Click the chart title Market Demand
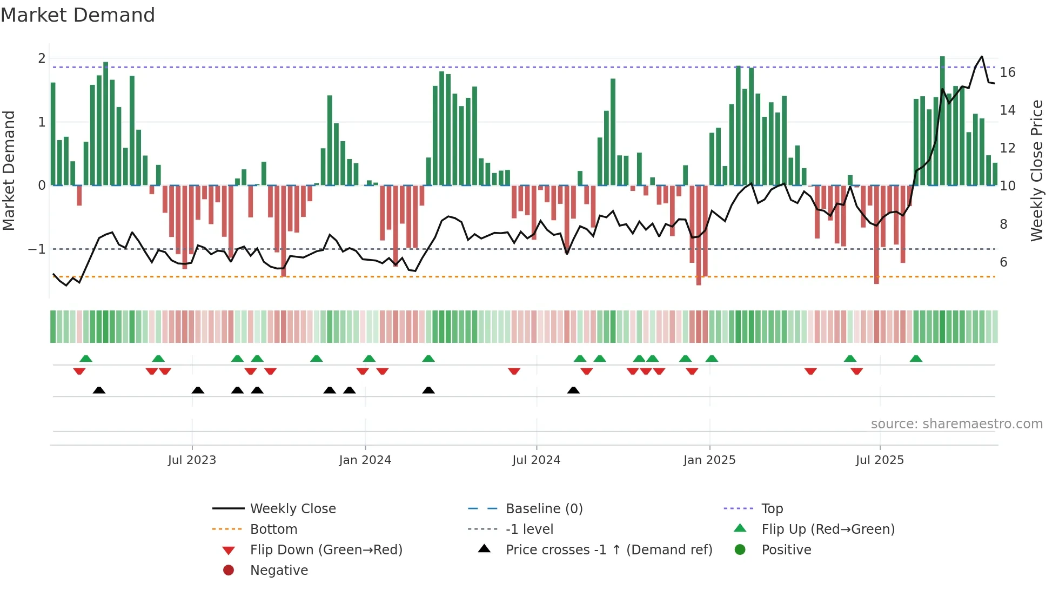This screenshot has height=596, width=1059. [x=78, y=15]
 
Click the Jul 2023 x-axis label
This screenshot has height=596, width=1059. [x=192, y=460]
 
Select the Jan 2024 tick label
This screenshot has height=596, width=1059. [x=365, y=460]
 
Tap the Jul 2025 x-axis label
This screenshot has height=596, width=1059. [x=880, y=460]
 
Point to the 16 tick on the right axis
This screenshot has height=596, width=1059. [x=1008, y=72]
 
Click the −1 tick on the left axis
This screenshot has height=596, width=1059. [x=37, y=249]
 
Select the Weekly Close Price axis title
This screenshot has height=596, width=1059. [x=1036, y=170]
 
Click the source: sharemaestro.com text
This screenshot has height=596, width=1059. [x=956, y=424]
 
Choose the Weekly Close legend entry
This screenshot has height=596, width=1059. [x=292, y=509]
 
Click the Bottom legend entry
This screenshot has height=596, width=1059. [x=273, y=529]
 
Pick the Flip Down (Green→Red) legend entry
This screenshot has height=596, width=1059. [x=326, y=550]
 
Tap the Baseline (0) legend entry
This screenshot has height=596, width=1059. [x=544, y=509]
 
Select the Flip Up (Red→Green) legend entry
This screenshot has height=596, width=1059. [x=828, y=529]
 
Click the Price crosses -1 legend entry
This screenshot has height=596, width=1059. [x=608, y=550]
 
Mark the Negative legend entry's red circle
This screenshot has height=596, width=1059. [x=229, y=571]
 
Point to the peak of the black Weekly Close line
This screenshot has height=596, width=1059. [x=982, y=56]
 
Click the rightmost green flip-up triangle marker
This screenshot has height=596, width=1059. [x=916, y=359]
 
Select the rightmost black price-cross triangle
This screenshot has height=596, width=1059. [x=573, y=390]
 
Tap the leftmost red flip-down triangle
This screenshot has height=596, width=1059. [x=79, y=371]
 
